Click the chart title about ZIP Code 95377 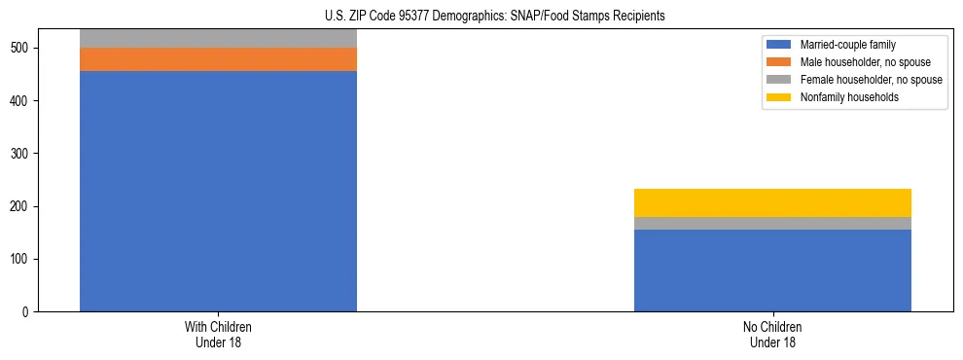pos(481,16)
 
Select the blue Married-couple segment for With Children pos(218,191)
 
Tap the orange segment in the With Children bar pos(218,59)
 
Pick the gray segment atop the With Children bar pos(218,38)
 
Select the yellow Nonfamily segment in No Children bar pos(772,202)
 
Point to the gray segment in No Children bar pos(772,223)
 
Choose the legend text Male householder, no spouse pos(862,62)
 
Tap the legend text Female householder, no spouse pos(871,80)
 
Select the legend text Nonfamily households pos(843,97)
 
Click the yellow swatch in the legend pos(779,97)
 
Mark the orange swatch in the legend pos(779,62)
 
